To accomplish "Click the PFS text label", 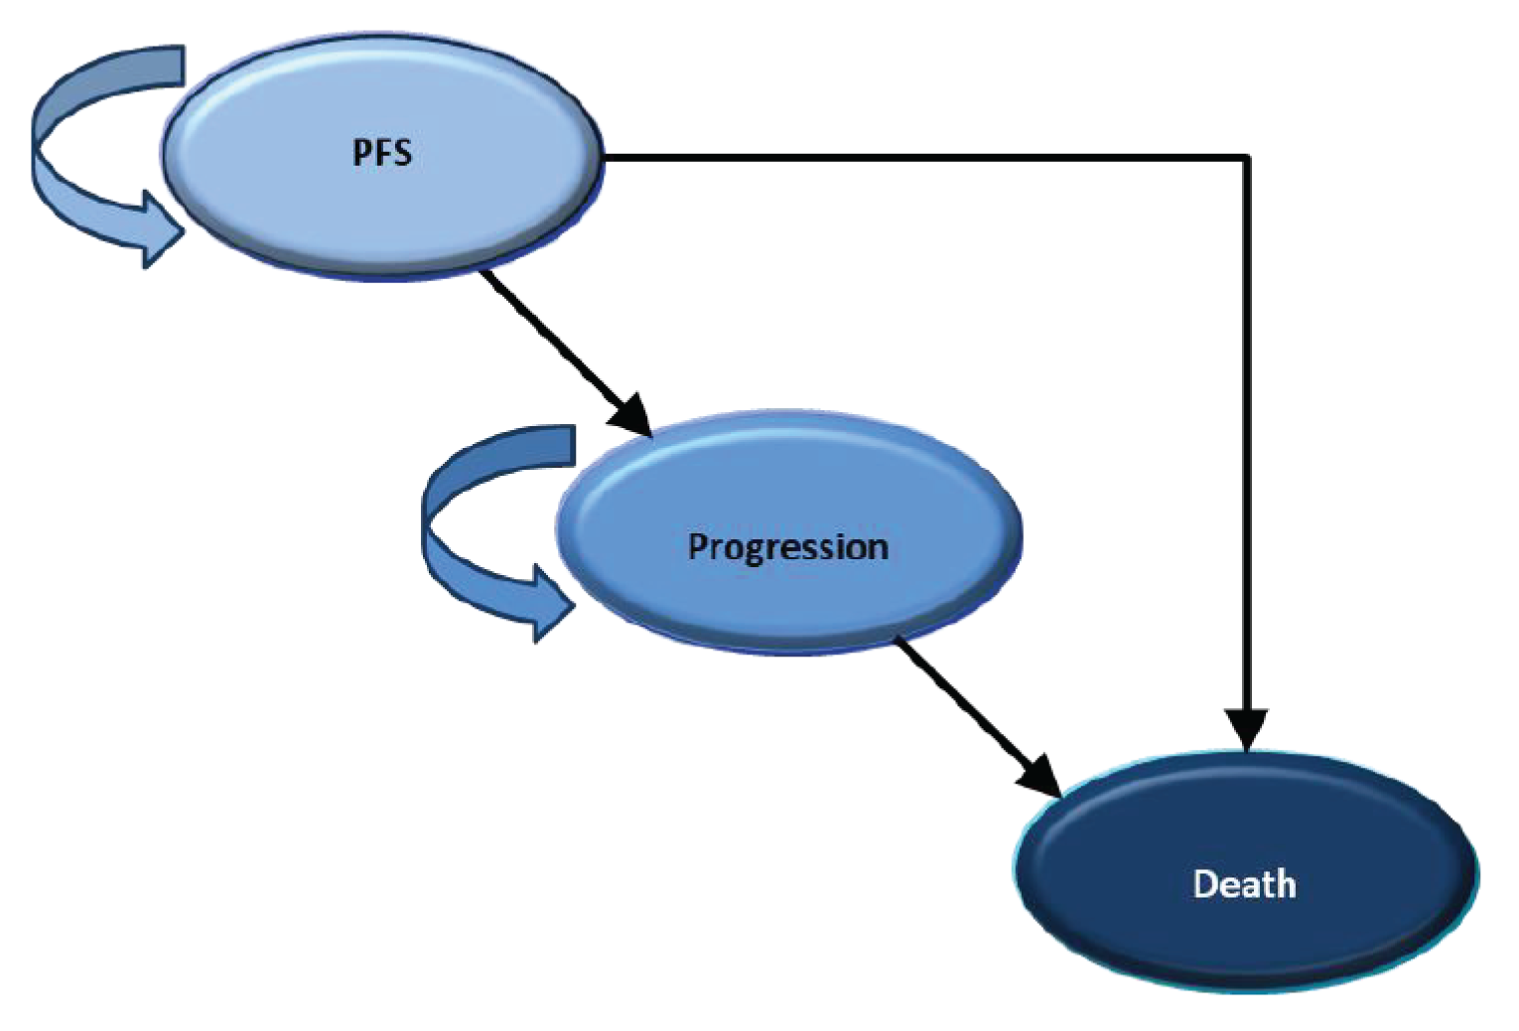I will pos(382,153).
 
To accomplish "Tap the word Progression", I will pos(787,547).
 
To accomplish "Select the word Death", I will pos(1244,884).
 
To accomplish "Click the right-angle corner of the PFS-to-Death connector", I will pos(1246,157).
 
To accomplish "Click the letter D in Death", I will pos(1204,884).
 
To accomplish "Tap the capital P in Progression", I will pos(698,545).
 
